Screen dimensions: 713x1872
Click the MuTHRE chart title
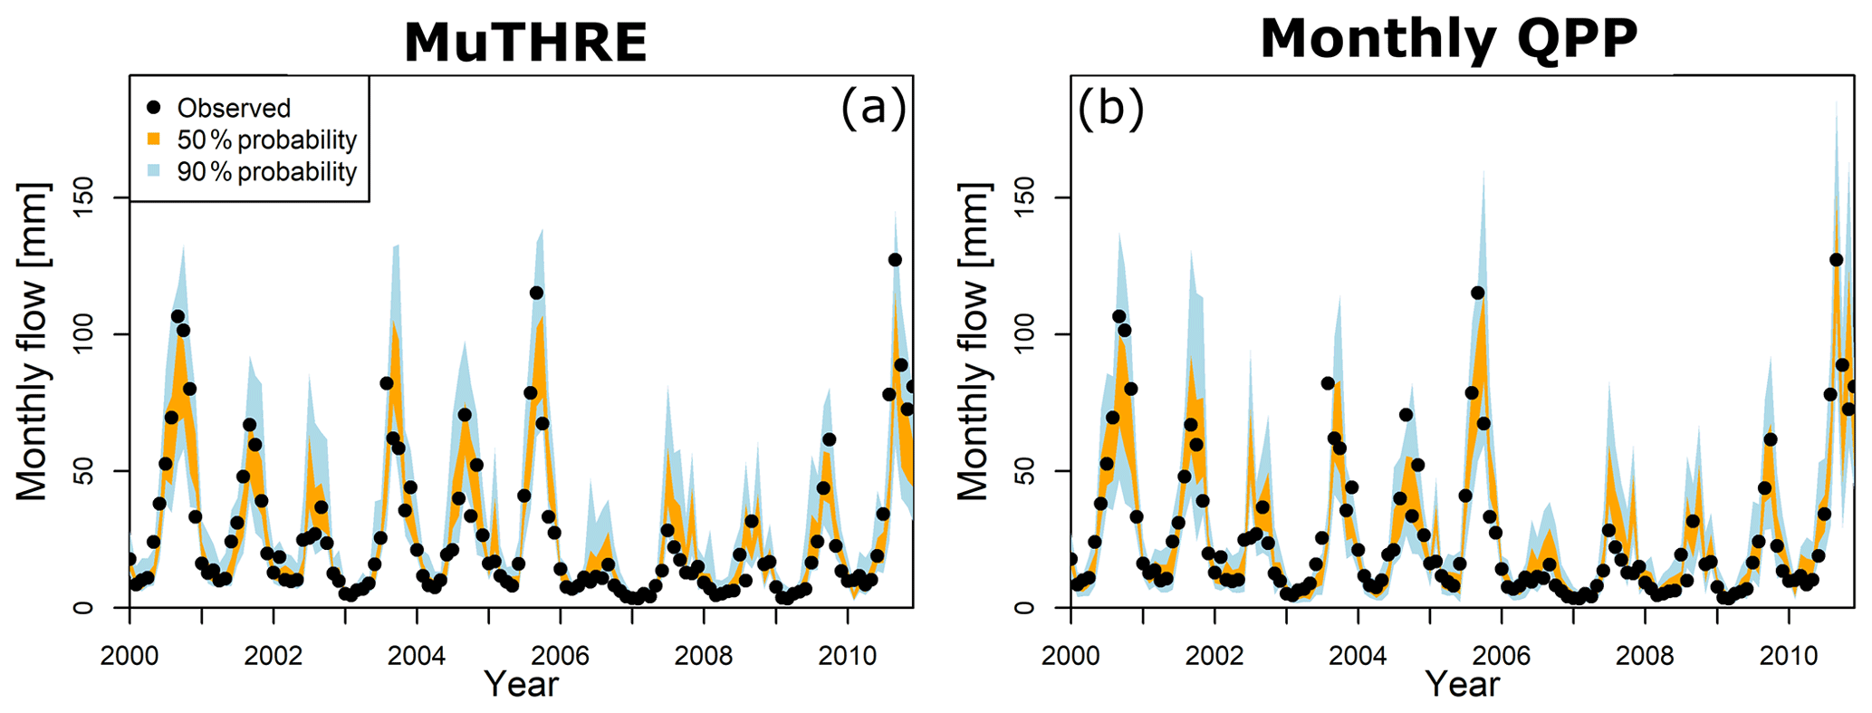click(525, 42)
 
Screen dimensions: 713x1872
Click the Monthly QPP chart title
click(1448, 39)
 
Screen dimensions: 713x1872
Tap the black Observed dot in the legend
click(153, 108)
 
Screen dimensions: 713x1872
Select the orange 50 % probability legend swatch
click(153, 140)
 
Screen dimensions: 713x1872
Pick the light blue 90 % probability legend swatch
click(153, 171)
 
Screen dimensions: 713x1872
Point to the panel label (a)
click(873, 109)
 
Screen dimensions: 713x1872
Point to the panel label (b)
click(1109, 109)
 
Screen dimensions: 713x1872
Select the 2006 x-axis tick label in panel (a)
click(560, 655)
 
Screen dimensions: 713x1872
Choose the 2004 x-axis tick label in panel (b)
click(1357, 655)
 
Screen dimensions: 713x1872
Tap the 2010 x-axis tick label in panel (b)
click(1788, 655)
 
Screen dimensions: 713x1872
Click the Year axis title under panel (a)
click(521, 684)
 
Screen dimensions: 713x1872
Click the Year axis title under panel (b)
click(1462, 684)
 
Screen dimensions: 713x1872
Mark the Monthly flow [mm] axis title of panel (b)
click(974, 342)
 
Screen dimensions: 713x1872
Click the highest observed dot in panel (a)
click(895, 260)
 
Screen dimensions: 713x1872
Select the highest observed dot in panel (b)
click(1836, 260)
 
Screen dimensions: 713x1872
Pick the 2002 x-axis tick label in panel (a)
click(273, 655)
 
